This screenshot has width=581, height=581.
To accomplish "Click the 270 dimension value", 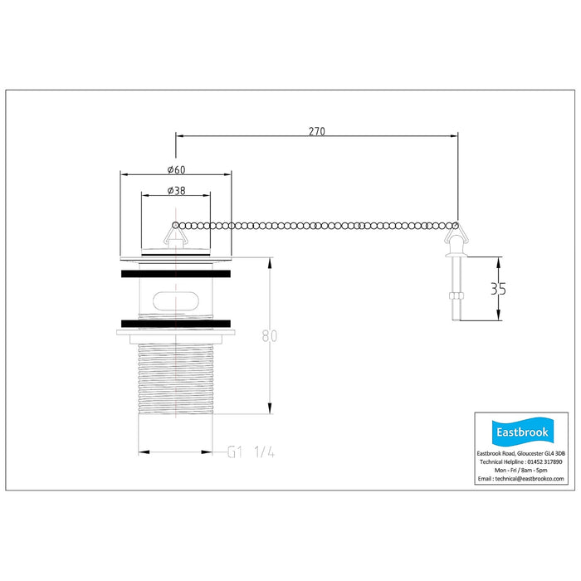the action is point(317,131).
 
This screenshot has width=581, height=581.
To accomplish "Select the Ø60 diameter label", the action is point(176,169).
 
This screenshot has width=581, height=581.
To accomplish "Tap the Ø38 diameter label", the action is point(176,190).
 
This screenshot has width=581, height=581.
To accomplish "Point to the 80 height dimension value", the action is point(270,335).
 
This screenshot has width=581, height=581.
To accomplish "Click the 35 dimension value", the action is point(498,289).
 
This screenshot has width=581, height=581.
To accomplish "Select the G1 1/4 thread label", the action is point(251,452).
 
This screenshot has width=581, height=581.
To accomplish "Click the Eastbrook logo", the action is point(522,432).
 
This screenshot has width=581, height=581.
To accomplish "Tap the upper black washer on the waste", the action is point(176,274).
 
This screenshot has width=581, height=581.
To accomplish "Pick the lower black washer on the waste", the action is point(176,324).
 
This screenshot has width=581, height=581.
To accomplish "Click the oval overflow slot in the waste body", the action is point(176,300).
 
